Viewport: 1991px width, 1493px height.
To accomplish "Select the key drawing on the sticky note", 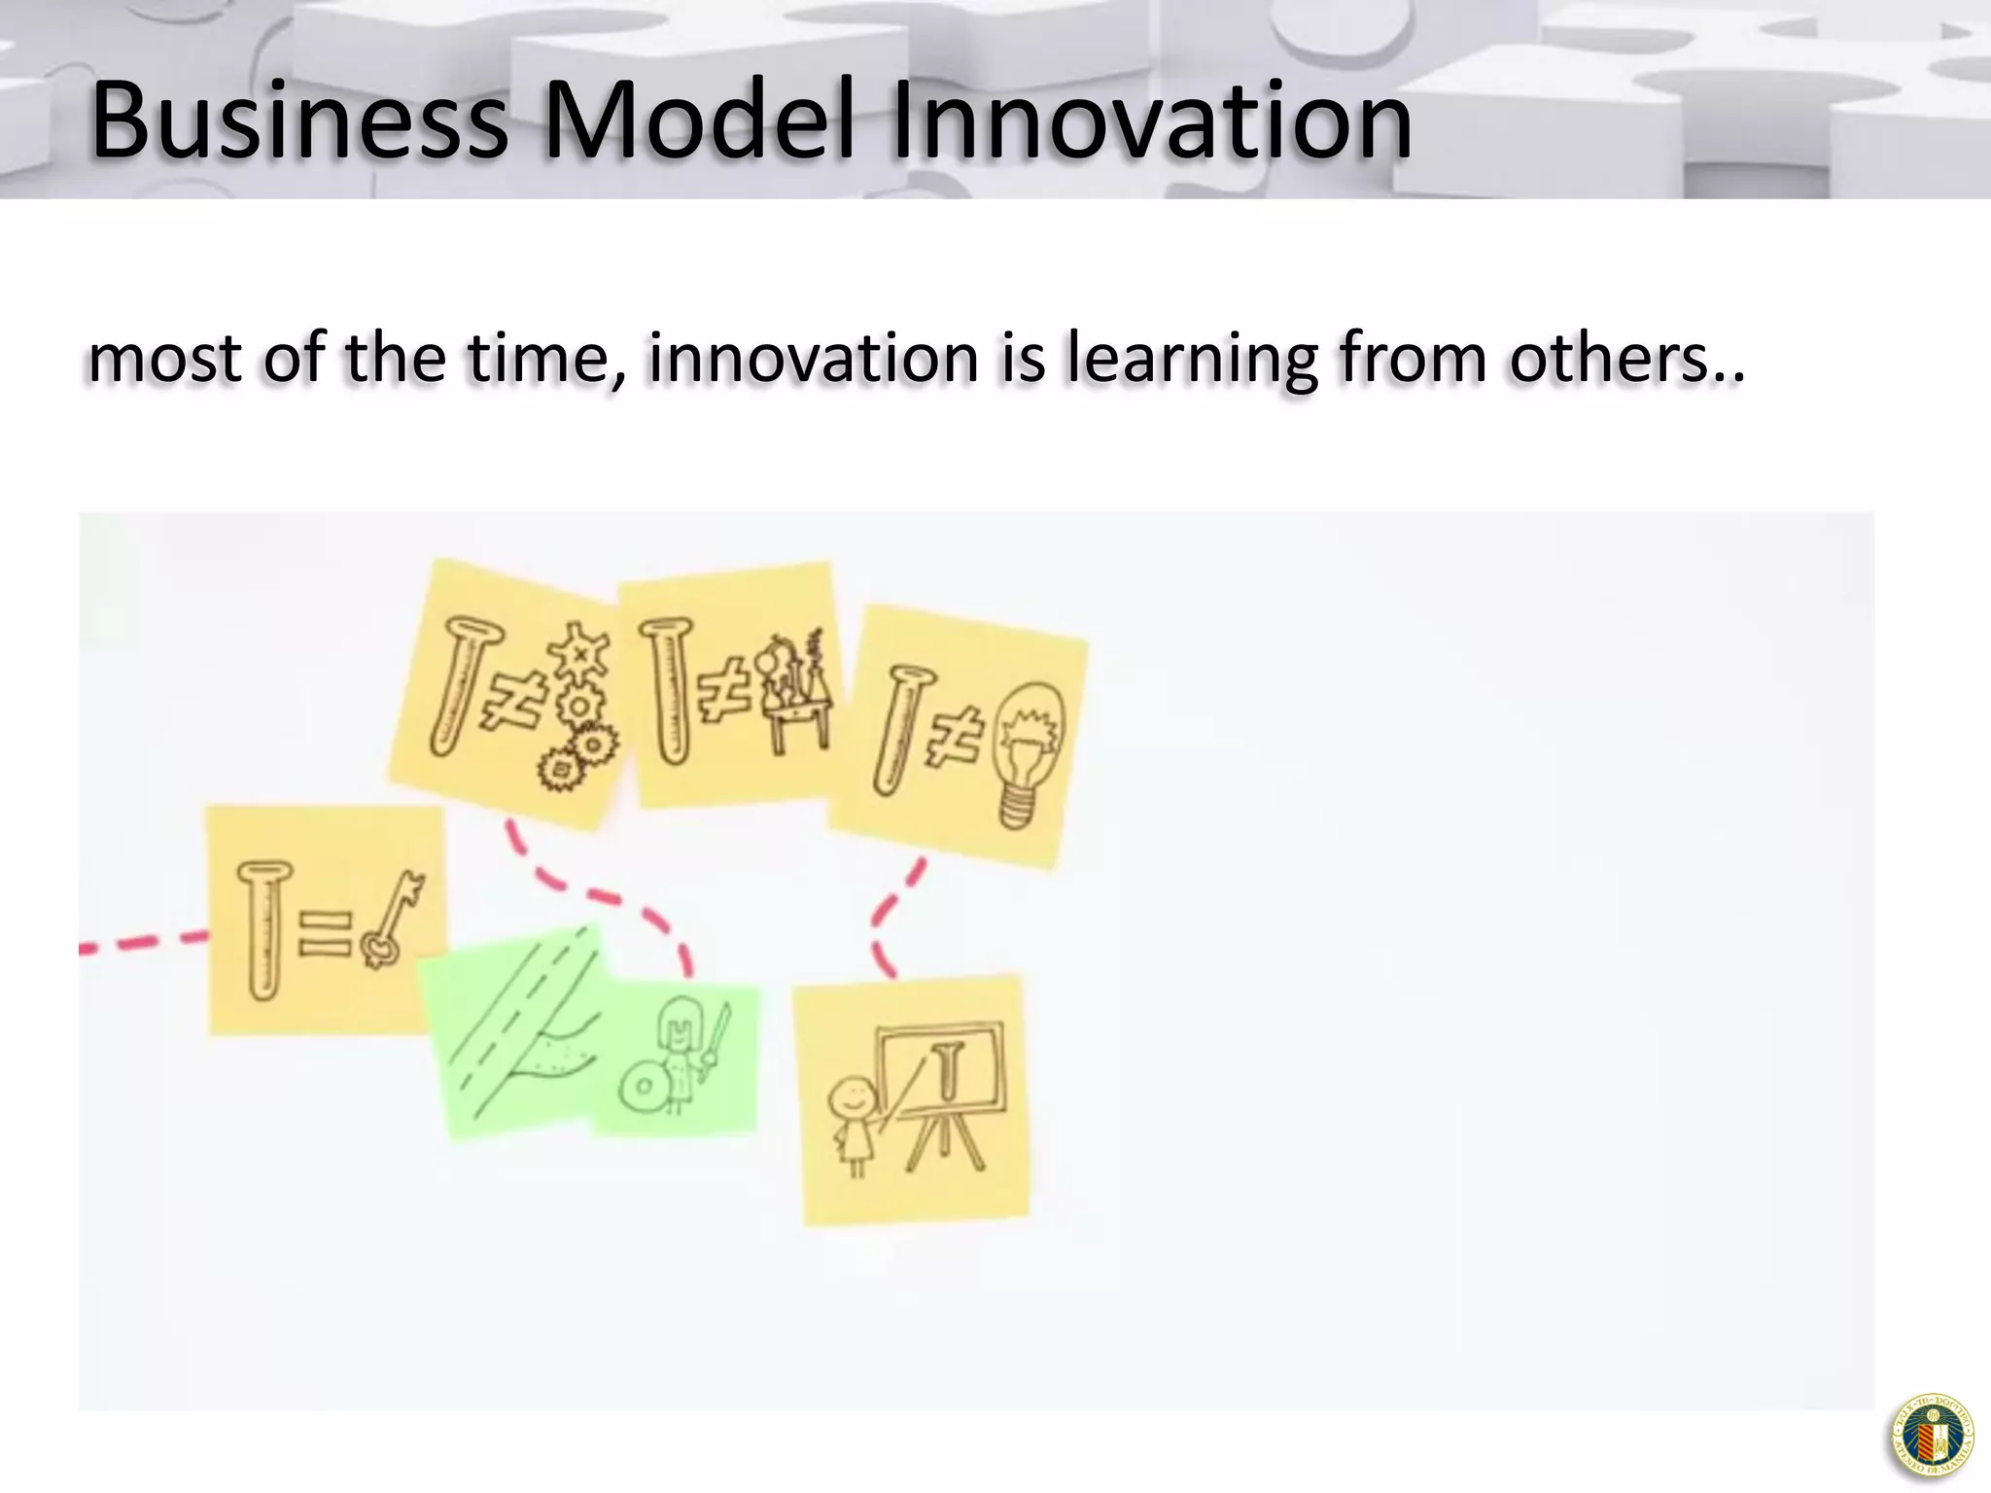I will [392, 919].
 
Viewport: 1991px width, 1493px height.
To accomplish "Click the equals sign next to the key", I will [324, 934].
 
